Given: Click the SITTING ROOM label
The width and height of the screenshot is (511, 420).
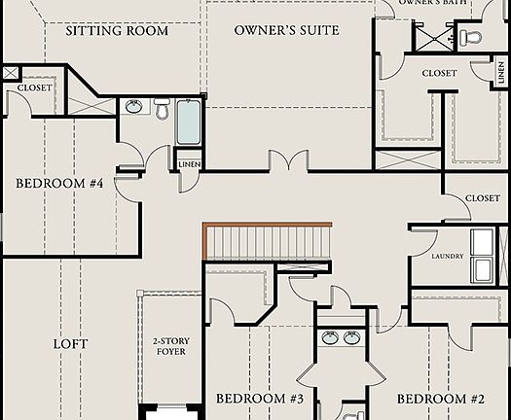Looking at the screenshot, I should coord(117,30).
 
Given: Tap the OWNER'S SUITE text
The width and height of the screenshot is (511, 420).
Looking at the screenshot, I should coord(287,30).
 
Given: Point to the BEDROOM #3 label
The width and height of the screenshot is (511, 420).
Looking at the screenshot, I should coord(260,399).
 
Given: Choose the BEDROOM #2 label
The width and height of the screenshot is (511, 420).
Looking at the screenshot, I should coord(440,399).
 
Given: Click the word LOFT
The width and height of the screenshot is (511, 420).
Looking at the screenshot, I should coord(70,344).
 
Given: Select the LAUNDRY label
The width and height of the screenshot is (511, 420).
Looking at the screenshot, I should coord(447,257).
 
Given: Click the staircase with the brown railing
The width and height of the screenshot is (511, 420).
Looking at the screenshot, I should coord(268,240).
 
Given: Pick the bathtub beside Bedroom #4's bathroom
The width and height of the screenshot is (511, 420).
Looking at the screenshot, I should coord(189,122).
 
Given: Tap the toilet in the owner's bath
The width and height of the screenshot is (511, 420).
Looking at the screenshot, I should coord(471,38).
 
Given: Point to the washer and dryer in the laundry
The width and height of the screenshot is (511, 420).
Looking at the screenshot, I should coord(488,255).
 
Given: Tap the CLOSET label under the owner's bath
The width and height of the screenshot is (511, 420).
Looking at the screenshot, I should coord(439,73).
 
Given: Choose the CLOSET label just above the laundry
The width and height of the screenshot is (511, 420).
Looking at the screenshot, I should coord(482,198).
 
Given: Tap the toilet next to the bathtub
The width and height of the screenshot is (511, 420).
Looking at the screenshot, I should coord(162,108).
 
